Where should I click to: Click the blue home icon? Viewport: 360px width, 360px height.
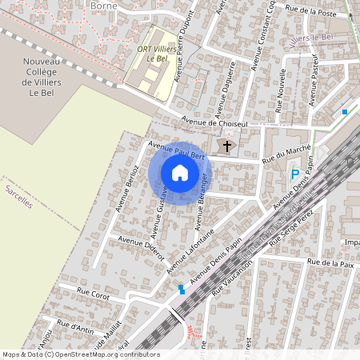click(x=180, y=172)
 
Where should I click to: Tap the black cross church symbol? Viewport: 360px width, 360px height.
click(x=227, y=146)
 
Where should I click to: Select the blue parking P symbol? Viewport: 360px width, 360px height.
click(x=294, y=174)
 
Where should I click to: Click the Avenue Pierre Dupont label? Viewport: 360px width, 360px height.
click(x=184, y=48)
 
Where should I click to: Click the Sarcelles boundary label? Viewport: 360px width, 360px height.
click(x=18, y=196)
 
